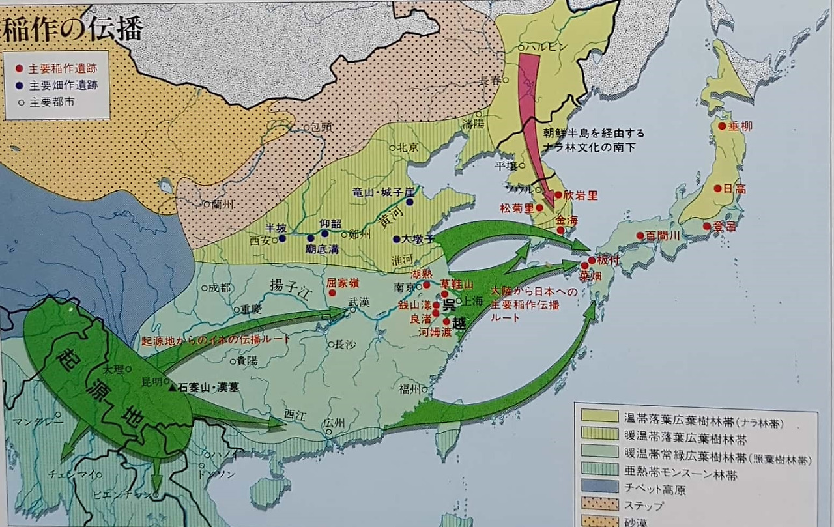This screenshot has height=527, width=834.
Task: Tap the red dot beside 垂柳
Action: pyautogui.click(x=722, y=126)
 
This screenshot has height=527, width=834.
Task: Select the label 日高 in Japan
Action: pyautogui.click(x=735, y=189)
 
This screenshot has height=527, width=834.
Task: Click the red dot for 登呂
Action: pyautogui.click(x=707, y=227)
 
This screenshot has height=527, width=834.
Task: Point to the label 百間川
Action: pyautogui.click(x=663, y=236)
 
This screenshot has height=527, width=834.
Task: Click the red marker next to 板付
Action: pyautogui.click(x=591, y=260)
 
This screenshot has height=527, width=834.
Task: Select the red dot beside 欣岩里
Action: pyautogui.click(x=558, y=194)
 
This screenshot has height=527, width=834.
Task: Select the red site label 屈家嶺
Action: pyautogui.click(x=343, y=283)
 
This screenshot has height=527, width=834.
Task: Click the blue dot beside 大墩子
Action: pyautogui.click(x=395, y=238)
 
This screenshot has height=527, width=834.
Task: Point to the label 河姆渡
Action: pyautogui.click(x=435, y=332)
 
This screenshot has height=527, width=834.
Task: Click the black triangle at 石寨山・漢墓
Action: pyautogui.click(x=171, y=387)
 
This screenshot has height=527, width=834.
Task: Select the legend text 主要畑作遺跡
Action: pyautogui.click(x=63, y=85)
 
